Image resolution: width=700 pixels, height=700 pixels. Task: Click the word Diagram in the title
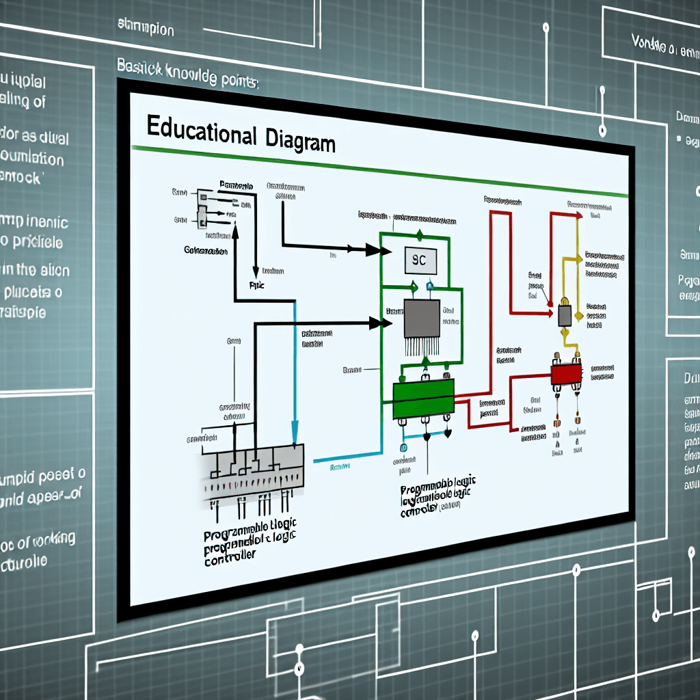(x=299, y=141)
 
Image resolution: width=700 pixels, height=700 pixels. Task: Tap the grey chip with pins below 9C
(x=421, y=319)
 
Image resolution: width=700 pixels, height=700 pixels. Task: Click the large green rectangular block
(x=423, y=399)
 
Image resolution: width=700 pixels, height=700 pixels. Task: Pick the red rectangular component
(x=566, y=374)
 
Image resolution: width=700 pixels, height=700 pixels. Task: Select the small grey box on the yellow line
(x=565, y=315)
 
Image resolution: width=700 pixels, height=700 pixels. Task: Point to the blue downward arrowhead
(x=295, y=433)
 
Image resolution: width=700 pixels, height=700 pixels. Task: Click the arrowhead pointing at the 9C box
(x=373, y=250)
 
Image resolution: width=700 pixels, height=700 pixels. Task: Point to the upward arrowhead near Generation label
(x=234, y=231)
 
